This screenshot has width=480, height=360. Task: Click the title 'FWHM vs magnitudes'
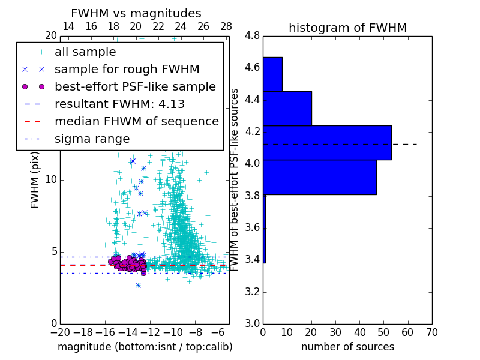136,14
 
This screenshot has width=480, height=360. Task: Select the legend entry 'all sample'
85,52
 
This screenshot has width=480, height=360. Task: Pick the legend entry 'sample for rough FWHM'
127,70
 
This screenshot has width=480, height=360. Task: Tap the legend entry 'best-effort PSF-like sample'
135,87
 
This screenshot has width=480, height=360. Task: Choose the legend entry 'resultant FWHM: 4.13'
119,104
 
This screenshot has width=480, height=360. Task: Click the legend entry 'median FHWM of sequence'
136,122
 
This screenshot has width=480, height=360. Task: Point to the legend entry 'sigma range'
92,139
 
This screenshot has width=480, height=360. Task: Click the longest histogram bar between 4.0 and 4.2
327,143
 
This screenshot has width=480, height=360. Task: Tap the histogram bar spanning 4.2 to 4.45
287,109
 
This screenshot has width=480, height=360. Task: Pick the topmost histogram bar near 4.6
272,74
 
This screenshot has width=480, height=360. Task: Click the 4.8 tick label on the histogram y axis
252,36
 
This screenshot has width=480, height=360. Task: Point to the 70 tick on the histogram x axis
431,332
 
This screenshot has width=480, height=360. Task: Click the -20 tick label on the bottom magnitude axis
60,332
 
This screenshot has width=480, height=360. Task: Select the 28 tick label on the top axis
226,26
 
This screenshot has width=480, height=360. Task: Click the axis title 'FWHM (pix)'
35,179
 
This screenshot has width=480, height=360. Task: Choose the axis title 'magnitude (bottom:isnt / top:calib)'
145,347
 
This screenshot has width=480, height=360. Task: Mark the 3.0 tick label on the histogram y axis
252,324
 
